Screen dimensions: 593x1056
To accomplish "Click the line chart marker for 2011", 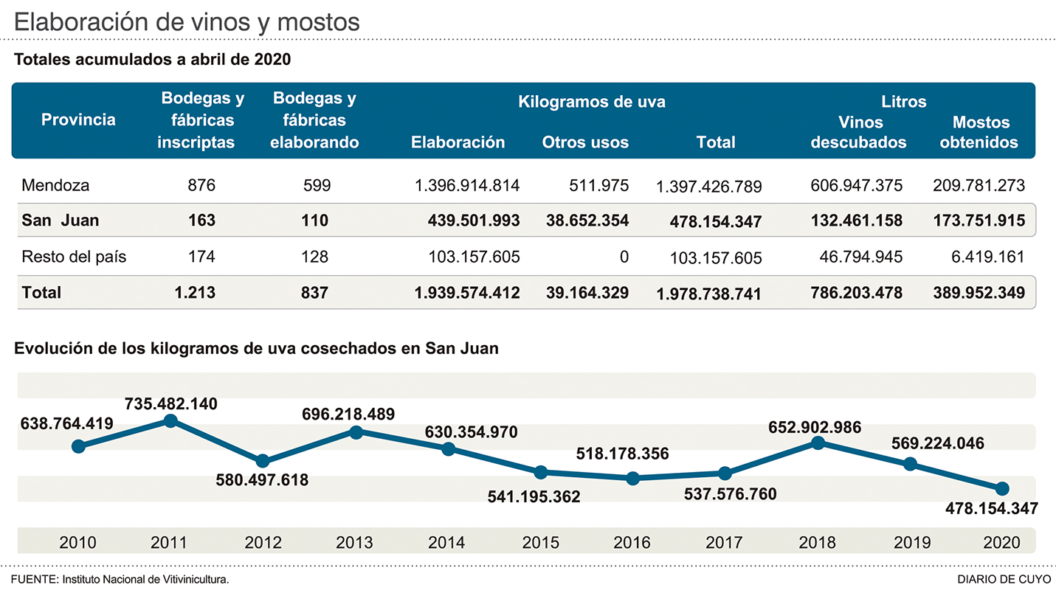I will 170,420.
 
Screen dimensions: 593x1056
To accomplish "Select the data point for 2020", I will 1002,488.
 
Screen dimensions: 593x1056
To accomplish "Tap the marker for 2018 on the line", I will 818,443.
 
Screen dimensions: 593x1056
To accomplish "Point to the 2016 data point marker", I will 632,478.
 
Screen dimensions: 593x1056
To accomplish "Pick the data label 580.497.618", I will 262,480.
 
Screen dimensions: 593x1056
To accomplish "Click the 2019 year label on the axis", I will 911,542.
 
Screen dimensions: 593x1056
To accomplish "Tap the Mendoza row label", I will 55,185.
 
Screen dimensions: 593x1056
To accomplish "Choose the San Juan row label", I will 61,220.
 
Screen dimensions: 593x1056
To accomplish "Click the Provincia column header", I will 78,119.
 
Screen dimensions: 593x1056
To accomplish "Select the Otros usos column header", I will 585,142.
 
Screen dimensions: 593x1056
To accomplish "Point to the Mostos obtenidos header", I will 980,132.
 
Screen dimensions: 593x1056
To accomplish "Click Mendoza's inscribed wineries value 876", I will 201,185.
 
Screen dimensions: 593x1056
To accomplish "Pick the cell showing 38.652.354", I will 587,220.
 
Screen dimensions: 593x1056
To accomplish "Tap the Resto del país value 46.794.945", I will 860,257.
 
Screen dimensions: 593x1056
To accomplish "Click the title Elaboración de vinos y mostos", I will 187,21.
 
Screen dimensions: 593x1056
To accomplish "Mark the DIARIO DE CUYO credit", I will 1005,579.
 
